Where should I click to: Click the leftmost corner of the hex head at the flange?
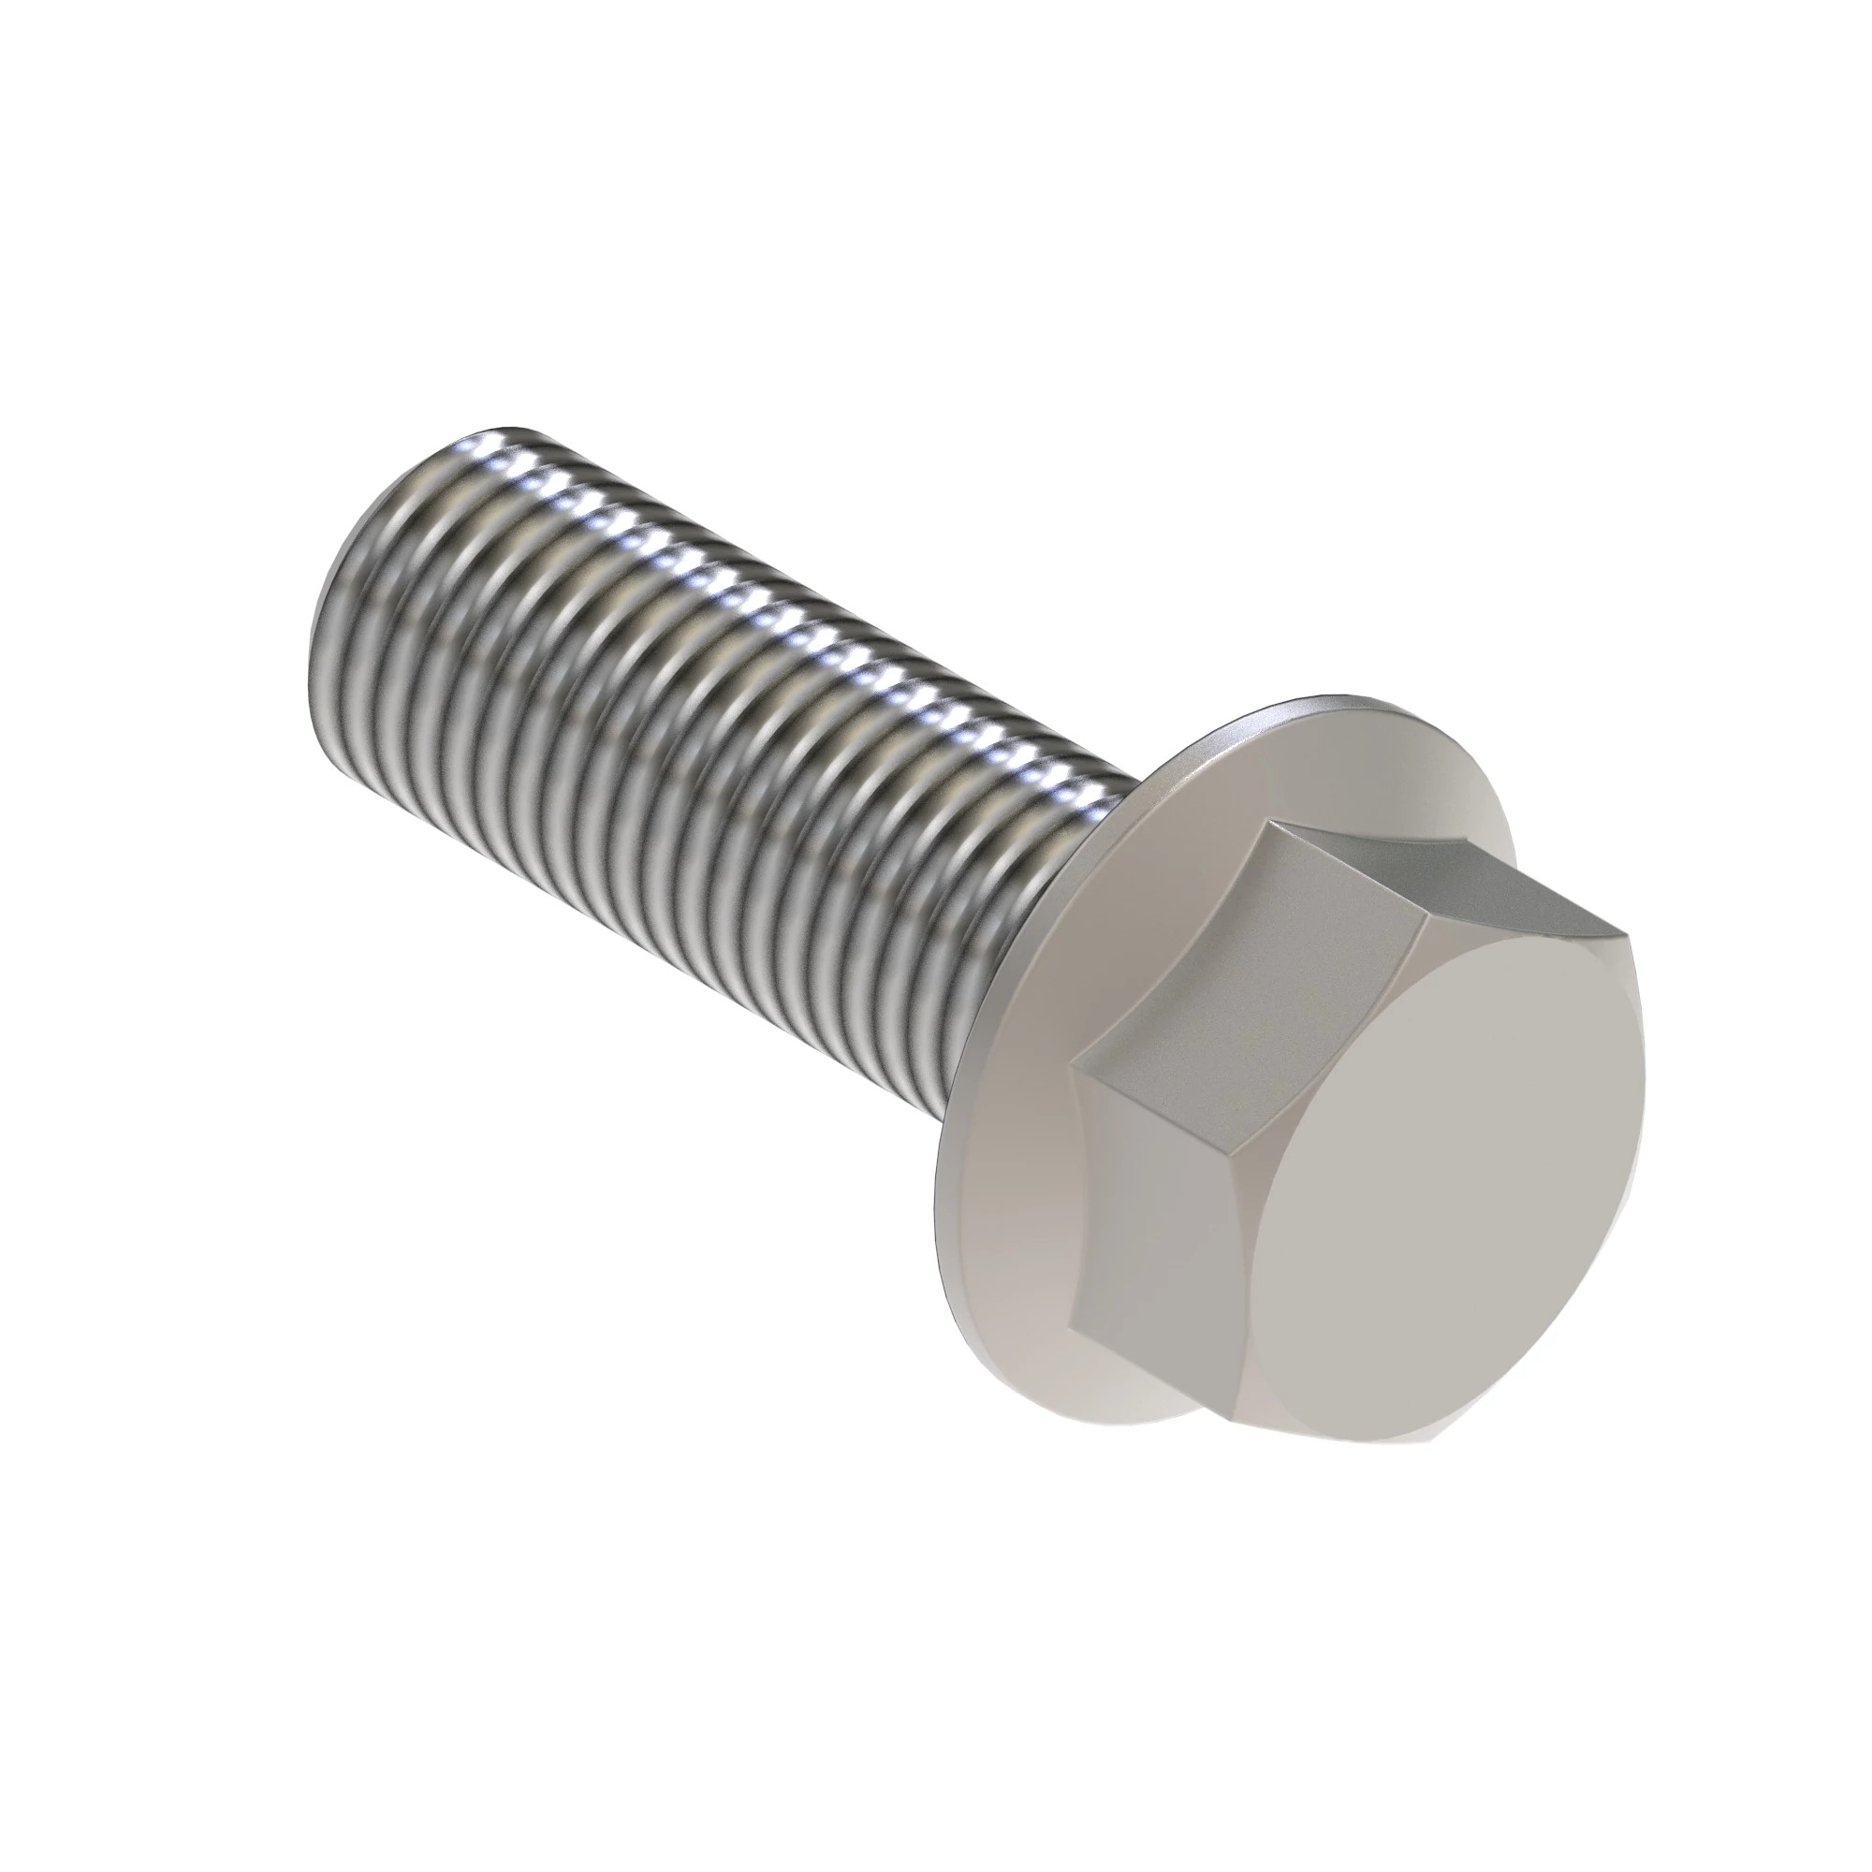(x=1072, y=1064)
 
